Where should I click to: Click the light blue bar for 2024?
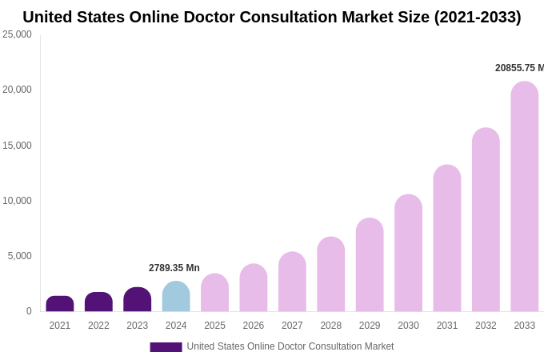pos(176,297)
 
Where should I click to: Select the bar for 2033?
pos(525,197)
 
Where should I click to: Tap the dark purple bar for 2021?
pos(60,304)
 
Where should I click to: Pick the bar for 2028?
pos(331,274)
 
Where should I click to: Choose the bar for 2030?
pos(408,254)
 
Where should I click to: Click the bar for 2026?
pos(254,288)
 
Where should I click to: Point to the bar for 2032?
pos(486,220)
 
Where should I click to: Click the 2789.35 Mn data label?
pos(174,268)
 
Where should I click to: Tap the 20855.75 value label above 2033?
pos(519,68)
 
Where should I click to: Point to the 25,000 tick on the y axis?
pos(17,34)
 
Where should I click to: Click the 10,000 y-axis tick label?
pos(17,201)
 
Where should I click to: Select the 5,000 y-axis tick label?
pos(19,256)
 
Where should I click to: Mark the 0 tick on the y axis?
pos(29,311)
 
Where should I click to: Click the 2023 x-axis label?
pos(138,326)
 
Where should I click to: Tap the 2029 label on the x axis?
pos(370,326)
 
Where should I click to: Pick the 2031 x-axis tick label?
pos(447,326)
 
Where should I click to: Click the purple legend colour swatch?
pos(166,347)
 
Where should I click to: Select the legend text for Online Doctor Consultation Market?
pos(290,346)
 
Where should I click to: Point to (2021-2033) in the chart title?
pos(478,17)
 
